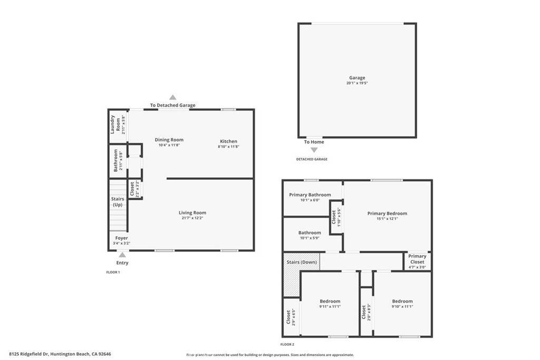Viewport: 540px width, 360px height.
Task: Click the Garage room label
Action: (x=356, y=78)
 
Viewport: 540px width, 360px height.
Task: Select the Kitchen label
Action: (x=228, y=141)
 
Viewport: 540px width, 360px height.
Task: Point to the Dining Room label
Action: (x=169, y=140)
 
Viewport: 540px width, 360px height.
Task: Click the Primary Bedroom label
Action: (x=387, y=213)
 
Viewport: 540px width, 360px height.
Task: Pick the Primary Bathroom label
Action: (x=310, y=195)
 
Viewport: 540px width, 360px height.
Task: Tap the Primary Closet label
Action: (x=417, y=259)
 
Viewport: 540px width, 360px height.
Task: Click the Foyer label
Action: (x=121, y=238)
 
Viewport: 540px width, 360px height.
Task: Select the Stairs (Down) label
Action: (x=302, y=262)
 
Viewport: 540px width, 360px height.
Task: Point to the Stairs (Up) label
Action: (x=118, y=201)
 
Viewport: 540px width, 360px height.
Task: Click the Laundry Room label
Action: (x=114, y=124)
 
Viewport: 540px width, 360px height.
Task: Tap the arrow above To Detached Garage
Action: (x=172, y=97)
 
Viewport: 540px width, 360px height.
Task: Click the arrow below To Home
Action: (x=314, y=150)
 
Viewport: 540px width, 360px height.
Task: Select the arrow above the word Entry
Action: (x=122, y=255)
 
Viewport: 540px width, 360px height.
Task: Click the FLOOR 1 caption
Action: (x=113, y=273)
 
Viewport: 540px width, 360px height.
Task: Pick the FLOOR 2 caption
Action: (x=288, y=344)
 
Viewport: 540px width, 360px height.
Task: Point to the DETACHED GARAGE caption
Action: (x=312, y=159)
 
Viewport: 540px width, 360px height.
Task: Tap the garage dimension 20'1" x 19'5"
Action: (x=356, y=83)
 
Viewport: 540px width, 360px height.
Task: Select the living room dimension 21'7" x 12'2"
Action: (x=192, y=218)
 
